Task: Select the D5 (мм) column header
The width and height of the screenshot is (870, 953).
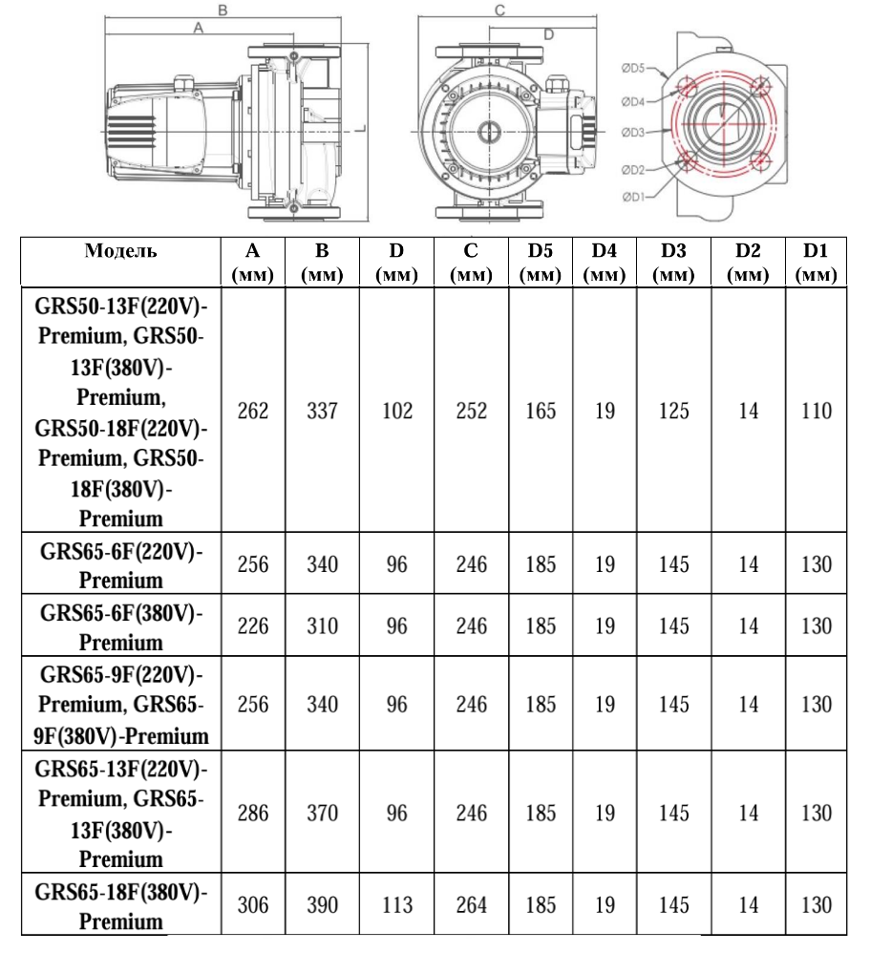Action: (x=541, y=263)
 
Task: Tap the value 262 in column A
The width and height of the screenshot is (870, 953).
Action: (x=253, y=412)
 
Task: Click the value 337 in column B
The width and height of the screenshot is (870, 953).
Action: (x=322, y=412)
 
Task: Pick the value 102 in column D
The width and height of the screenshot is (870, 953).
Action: (x=396, y=412)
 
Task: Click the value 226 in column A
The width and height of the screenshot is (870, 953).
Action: (x=253, y=626)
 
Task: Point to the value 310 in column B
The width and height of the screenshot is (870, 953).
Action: (x=322, y=626)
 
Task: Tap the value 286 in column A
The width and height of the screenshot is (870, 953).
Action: (x=253, y=814)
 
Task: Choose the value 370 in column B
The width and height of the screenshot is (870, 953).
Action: (x=322, y=814)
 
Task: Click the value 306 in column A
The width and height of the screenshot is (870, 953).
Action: (x=253, y=905)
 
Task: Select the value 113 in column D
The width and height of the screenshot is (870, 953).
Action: (x=396, y=905)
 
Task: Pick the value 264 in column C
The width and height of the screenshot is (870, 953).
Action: (x=471, y=905)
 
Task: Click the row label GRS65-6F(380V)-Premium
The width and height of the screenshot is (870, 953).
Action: (x=120, y=625)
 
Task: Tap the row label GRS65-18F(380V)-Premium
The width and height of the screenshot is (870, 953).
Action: (x=120, y=906)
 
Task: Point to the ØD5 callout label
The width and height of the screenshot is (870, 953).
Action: (x=633, y=68)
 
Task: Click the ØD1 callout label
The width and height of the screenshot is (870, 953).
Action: (x=633, y=198)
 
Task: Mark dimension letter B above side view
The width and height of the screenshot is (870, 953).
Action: (x=222, y=9)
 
